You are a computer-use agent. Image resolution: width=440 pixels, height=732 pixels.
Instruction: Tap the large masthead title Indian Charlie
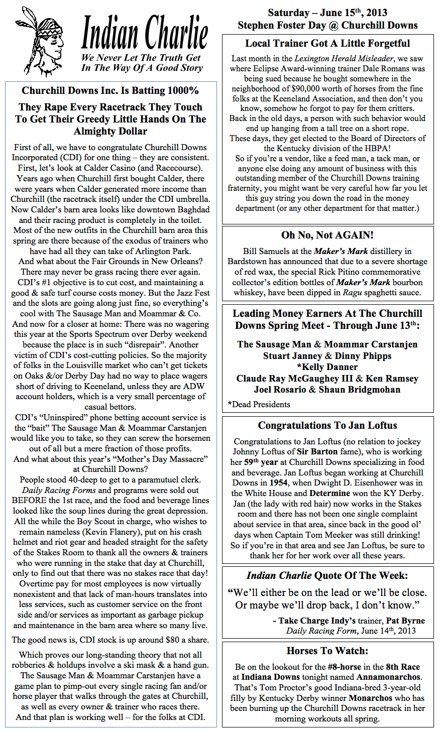pos(144,33)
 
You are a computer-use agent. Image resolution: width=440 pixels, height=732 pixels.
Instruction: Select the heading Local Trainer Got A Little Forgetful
pos(327,44)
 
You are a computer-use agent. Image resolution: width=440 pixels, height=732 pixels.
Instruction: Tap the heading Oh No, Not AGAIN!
pos(327,235)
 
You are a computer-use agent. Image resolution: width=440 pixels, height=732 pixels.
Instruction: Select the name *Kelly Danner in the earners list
pos(327,367)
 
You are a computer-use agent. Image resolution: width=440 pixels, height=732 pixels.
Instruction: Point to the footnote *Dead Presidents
pos(259,404)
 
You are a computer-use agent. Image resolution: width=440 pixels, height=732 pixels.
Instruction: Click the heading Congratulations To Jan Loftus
pos(327,425)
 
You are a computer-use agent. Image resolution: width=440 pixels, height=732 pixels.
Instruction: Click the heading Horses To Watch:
pos(327,651)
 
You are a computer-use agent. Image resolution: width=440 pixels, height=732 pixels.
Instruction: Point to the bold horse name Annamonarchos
pos(388,677)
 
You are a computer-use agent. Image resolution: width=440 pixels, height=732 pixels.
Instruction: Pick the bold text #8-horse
pos(348,667)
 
